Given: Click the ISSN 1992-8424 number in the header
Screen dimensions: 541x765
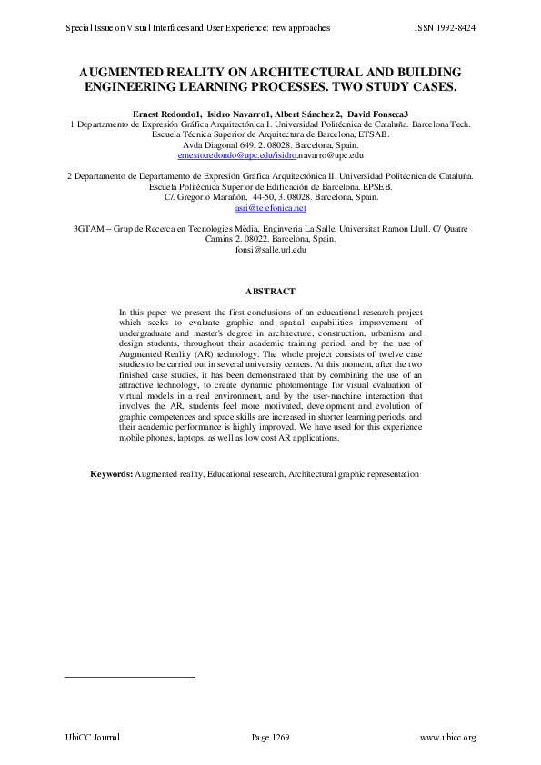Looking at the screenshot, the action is tap(445, 28).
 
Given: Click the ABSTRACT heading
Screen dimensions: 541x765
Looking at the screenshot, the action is tap(270, 291).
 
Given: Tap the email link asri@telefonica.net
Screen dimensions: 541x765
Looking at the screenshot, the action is tap(270, 208).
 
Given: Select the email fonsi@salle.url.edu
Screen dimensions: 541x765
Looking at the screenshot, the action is tap(270, 249).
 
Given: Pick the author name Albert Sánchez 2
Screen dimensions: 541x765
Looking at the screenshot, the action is tap(307, 113).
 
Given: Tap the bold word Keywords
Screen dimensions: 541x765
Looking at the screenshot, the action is tap(111, 474).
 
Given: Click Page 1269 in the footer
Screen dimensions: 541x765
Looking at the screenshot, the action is tap(270, 737).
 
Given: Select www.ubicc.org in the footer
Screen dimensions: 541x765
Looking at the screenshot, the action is tap(447, 737).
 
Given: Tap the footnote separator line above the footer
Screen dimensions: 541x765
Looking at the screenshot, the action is tap(130, 677).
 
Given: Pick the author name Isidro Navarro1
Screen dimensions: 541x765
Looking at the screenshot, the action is tap(239, 113).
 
